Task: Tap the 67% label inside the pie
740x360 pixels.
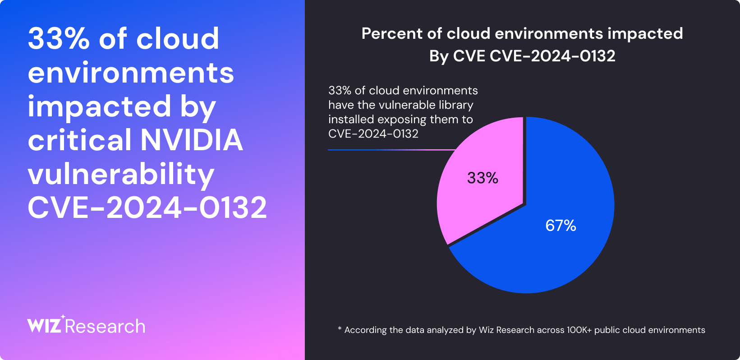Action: [561, 226]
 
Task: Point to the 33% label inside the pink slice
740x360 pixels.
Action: [483, 178]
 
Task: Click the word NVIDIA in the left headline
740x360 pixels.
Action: [192, 140]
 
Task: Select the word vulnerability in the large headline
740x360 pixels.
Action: [121, 175]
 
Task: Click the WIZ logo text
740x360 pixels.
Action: [44, 326]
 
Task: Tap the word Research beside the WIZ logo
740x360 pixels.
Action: [105, 327]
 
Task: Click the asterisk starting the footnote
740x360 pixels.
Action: [340, 329]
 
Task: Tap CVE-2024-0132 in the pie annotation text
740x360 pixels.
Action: [373, 134]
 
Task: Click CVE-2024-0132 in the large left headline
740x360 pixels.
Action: [147, 208]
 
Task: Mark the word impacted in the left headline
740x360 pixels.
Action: [99, 106]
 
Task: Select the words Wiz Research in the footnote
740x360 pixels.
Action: [506, 330]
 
